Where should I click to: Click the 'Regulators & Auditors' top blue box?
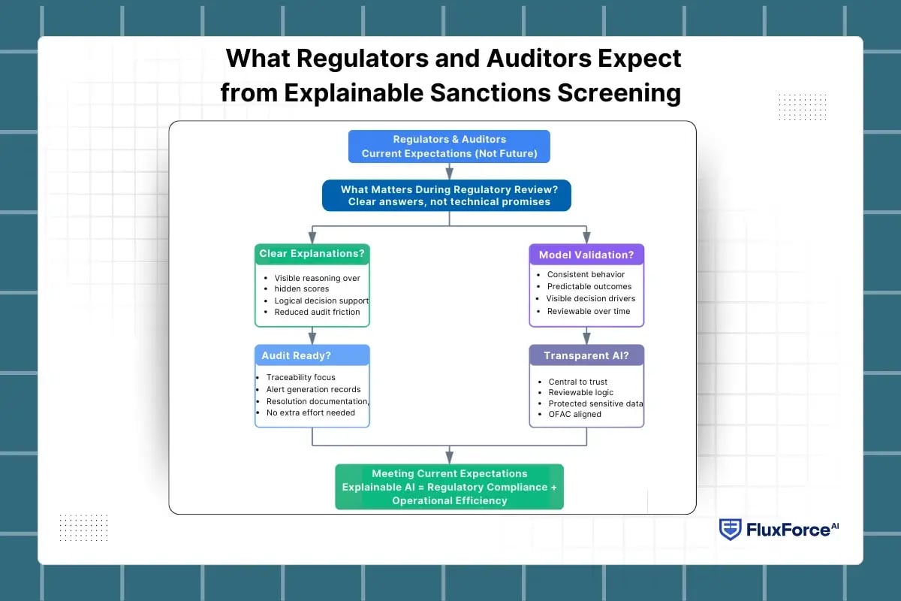click(449, 146)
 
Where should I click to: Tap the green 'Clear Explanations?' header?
click(312, 254)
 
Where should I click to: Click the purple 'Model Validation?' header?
click(586, 255)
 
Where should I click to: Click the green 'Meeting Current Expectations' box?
click(449, 487)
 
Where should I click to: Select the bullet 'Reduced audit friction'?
click(317, 312)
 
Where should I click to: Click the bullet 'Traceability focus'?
click(300, 377)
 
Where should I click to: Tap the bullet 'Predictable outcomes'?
click(589, 286)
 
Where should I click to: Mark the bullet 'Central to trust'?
click(577, 382)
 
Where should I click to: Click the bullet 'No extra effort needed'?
click(311, 412)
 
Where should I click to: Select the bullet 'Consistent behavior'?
click(586, 274)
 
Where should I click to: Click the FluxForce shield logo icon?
click(730, 529)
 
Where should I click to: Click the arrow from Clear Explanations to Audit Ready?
click(312, 336)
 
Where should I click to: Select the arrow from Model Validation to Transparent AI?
click(586, 336)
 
